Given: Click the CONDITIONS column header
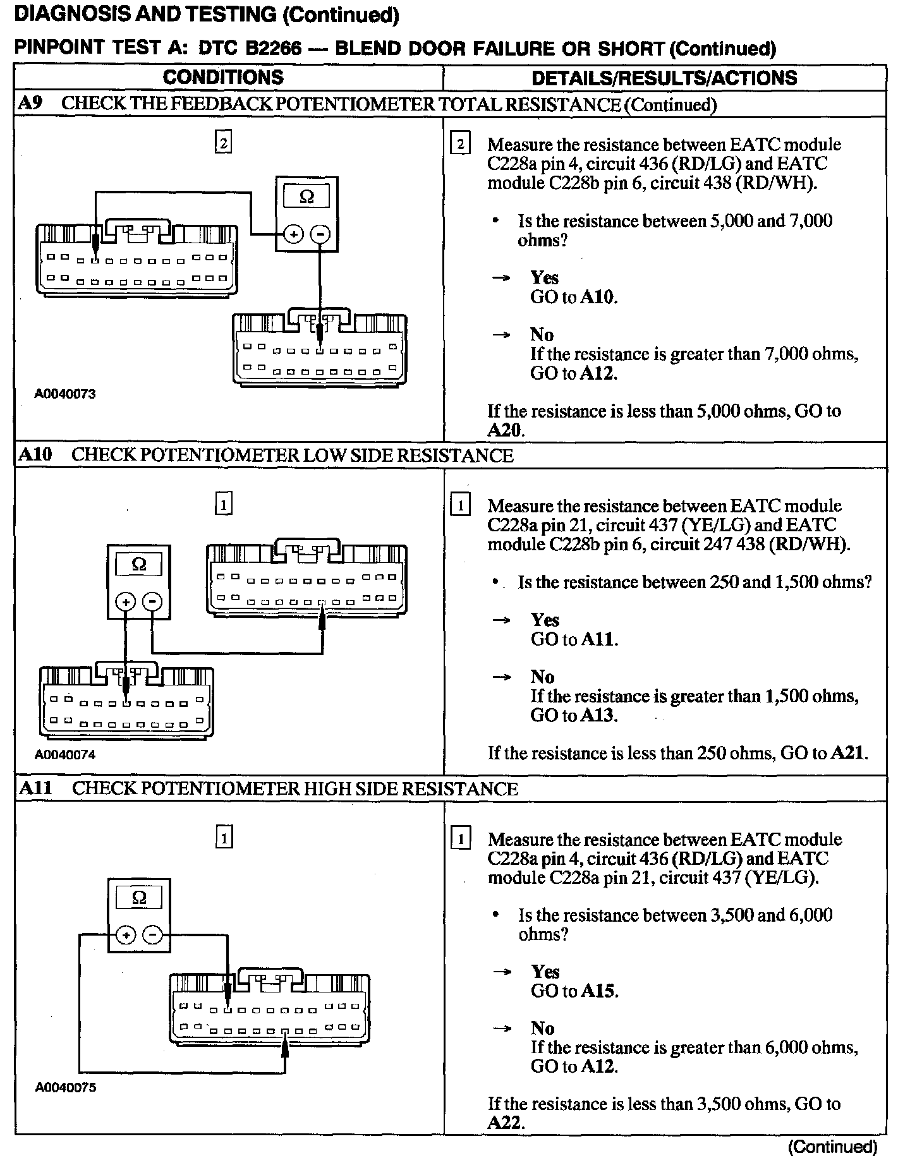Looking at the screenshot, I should pos(223,78).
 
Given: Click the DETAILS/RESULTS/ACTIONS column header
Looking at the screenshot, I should pos(664,78).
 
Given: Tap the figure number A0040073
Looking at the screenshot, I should pos(65,394).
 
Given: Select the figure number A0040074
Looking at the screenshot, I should pos(65,754).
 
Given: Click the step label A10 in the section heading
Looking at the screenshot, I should pos(35,455).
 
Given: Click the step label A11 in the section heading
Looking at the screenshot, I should pos(35,788).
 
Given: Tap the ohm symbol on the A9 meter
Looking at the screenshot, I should pos(306,197).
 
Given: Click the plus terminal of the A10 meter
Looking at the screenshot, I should pos(126,601).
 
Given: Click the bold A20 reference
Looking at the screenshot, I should pos(505,430).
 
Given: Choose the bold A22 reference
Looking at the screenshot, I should pos(505,1122).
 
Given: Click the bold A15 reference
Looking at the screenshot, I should pos(598,991).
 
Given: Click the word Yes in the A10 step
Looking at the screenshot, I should pos(545,619).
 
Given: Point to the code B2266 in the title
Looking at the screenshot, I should pos(273,49).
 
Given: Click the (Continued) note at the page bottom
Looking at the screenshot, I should pos(832,1147).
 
